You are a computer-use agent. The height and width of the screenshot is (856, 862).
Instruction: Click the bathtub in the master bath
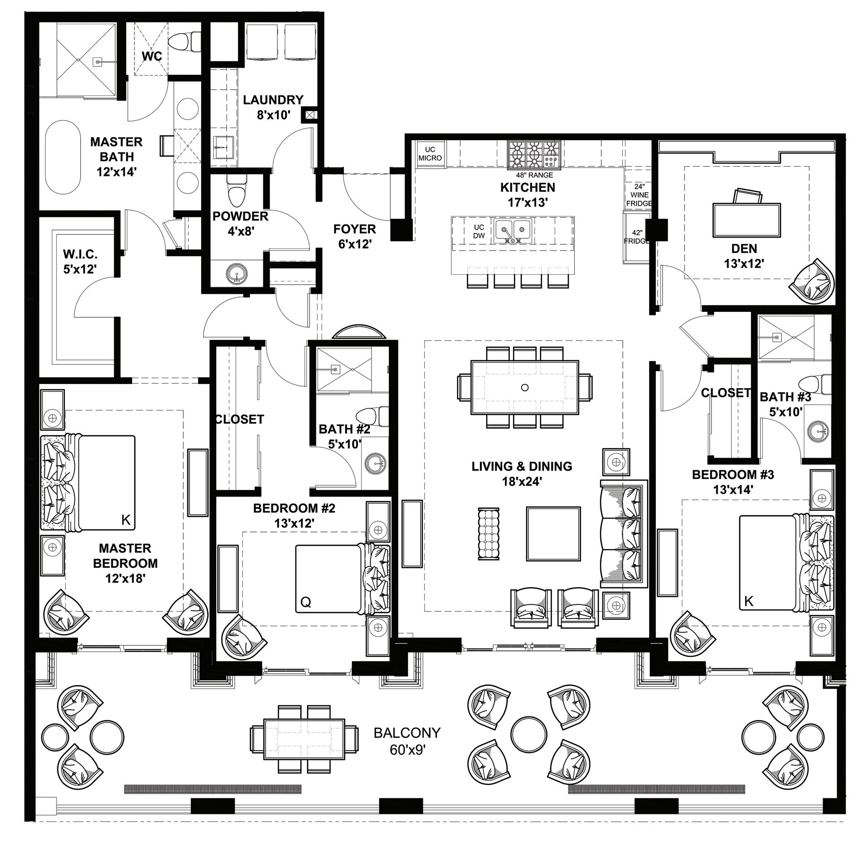(64, 156)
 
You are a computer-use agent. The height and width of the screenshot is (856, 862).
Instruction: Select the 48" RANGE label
(534, 175)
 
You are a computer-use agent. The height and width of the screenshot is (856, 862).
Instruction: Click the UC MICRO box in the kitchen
(430, 154)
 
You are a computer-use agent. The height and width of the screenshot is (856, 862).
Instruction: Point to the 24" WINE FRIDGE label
(639, 195)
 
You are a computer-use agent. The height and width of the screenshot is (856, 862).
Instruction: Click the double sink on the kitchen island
(513, 230)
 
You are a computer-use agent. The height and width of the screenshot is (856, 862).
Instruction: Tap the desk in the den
(746, 220)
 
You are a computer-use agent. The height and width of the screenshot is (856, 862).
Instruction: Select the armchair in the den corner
(814, 281)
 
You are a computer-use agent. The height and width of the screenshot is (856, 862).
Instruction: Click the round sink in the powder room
(236, 273)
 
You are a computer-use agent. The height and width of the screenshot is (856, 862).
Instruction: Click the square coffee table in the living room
(553, 534)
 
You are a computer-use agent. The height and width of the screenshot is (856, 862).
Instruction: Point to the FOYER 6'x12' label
(355, 237)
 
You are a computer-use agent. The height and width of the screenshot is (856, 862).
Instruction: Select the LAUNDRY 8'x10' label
(273, 107)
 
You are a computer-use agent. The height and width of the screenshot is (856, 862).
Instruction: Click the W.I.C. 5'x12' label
(80, 261)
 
